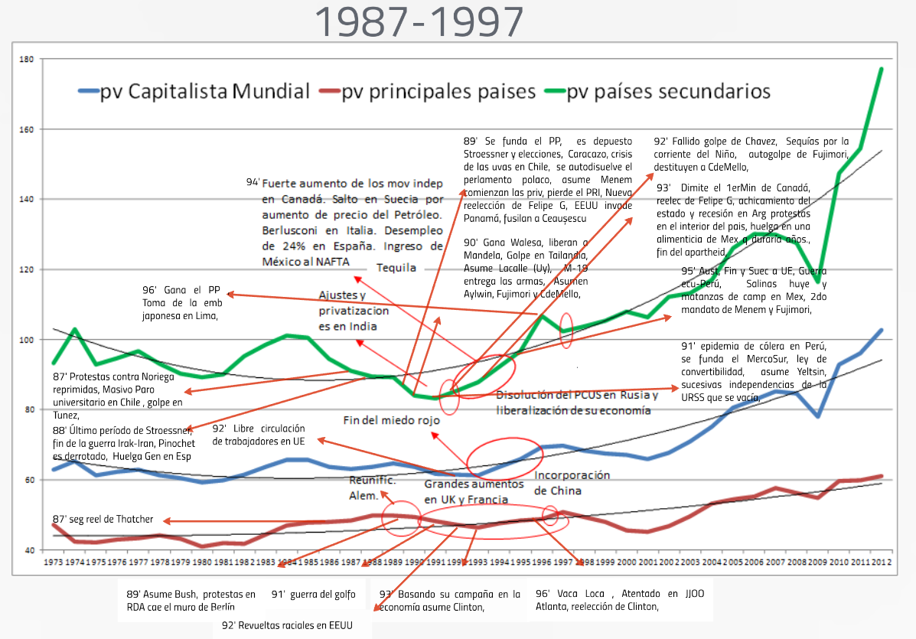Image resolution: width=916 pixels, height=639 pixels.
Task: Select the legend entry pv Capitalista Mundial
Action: point(194,92)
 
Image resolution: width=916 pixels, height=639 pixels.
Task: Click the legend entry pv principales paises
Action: point(429,92)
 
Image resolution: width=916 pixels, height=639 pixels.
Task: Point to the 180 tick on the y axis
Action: point(27,59)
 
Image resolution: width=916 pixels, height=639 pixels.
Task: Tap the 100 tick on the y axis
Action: point(27,339)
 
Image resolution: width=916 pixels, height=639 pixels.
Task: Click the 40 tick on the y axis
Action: point(28,550)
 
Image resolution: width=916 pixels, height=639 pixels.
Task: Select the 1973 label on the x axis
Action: point(54,563)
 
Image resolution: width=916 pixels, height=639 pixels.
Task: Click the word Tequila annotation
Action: point(396,268)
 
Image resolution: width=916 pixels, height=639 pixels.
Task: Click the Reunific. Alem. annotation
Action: point(373,487)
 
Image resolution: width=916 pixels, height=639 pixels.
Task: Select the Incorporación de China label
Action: point(572,483)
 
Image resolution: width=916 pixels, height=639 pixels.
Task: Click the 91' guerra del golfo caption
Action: point(315,594)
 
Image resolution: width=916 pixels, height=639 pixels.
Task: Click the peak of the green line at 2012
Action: point(882,69)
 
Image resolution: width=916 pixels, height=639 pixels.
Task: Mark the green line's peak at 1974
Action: point(74,330)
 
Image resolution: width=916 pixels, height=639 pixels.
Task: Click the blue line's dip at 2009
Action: point(818,416)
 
